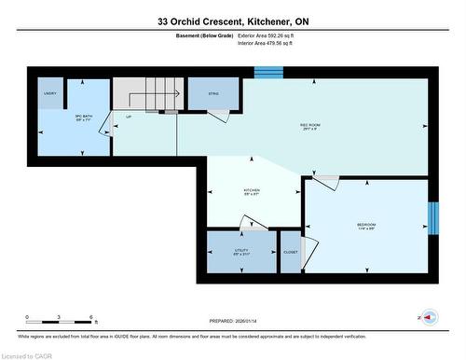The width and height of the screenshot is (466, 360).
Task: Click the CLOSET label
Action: point(291,252)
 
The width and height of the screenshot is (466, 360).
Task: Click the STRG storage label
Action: point(213,93)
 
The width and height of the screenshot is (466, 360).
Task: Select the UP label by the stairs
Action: point(130,117)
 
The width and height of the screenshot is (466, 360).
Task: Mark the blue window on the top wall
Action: point(267,73)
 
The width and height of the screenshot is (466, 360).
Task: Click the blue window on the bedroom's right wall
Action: point(431,219)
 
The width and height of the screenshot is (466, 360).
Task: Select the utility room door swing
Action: point(254,224)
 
